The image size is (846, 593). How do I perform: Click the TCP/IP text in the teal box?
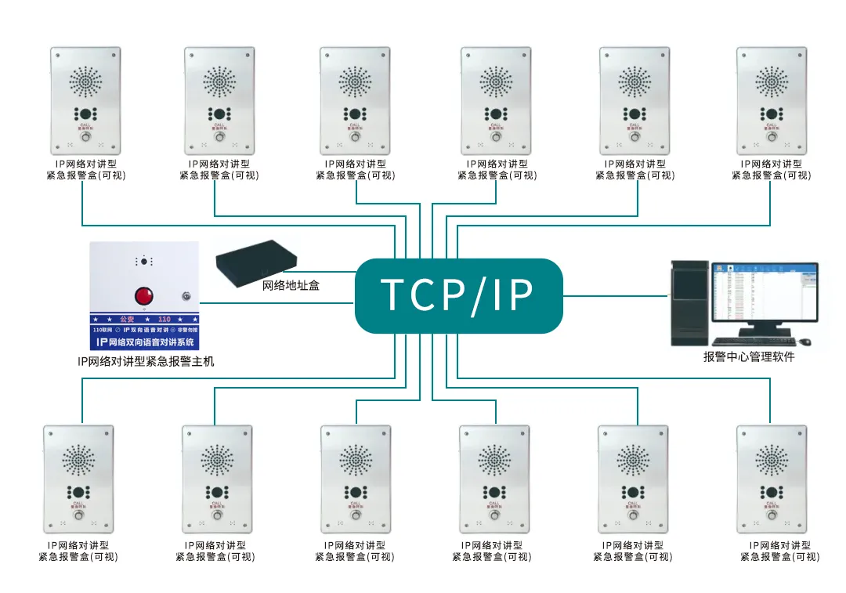point(458,295)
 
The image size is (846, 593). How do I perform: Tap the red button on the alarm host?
point(143,296)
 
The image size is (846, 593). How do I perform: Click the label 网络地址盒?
point(291,286)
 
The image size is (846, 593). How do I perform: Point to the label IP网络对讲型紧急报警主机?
point(146,361)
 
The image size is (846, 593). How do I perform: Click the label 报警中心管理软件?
point(749,357)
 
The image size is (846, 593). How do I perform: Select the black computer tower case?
point(690,302)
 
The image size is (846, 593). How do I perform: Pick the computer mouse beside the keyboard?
point(804,342)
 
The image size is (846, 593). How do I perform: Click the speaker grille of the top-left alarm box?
point(86,81)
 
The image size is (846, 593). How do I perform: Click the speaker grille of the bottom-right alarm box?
point(772,461)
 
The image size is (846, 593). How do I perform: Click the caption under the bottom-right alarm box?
point(780,551)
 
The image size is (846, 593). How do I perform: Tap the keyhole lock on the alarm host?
point(185,297)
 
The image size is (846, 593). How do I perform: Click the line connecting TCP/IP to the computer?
point(616,295)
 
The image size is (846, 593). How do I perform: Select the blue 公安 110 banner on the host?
point(143,320)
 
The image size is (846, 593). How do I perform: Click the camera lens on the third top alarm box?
point(355,114)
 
